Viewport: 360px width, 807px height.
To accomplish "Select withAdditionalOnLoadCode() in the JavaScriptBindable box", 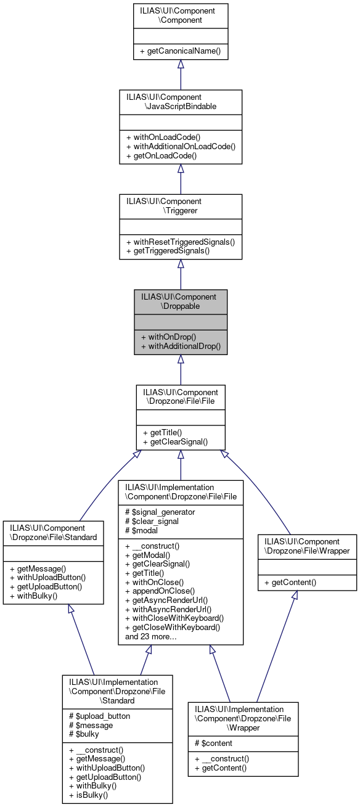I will click(x=181, y=147).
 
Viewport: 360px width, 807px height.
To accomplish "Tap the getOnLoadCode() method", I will click(x=161, y=156).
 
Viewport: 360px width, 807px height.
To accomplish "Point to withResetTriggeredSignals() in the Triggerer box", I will click(x=180, y=242).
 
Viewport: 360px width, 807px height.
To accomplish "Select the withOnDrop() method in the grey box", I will click(x=168, y=337).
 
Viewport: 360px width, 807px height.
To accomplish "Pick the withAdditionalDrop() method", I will click(x=181, y=346).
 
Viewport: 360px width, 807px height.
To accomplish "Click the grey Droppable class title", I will click(x=181, y=301).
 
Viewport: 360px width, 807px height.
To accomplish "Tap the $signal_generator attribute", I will click(x=160, y=512).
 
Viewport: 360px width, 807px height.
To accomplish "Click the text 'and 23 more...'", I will click(x=152, y=636).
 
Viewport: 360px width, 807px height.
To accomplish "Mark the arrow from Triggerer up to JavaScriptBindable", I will click(x=181, y=179).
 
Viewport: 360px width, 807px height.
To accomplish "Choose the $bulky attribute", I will click(x=84, y=734).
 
